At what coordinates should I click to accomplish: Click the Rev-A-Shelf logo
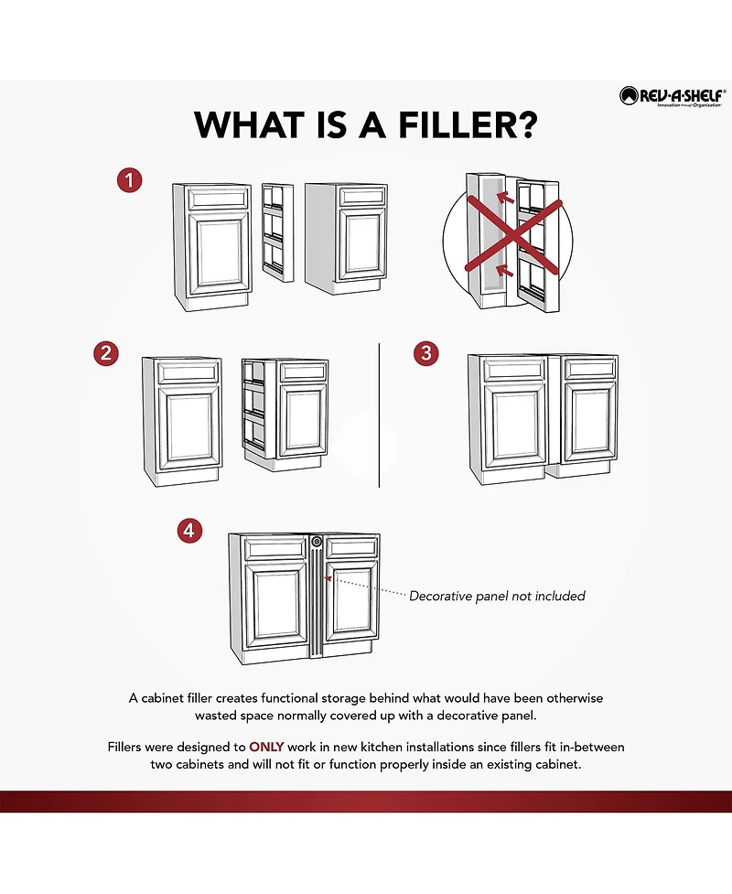click(x=673, y=96)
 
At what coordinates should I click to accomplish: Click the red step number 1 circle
click(x=129, y=180)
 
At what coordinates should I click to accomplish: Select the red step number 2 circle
click(x=106, y=353)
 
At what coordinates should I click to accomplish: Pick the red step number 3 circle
click(x=425, y=353)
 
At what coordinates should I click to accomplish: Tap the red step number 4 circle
click(x=189, y=531)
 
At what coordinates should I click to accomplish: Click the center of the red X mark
click(x=514, y=234)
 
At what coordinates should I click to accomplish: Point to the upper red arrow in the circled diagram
click(x=505, y=198)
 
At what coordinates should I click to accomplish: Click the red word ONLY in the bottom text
click(x=266, y=747)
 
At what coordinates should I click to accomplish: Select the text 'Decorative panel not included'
click(x=497, y=596)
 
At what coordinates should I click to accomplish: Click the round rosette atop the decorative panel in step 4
click(x=317, y=542)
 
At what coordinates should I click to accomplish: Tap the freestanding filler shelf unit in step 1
click(x=277, y=232)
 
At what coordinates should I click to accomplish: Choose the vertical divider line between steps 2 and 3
click(x=379, y=415)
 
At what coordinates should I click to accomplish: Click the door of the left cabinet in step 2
click(x=189, y=428)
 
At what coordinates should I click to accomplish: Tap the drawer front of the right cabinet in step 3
click(x=590, y=369)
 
